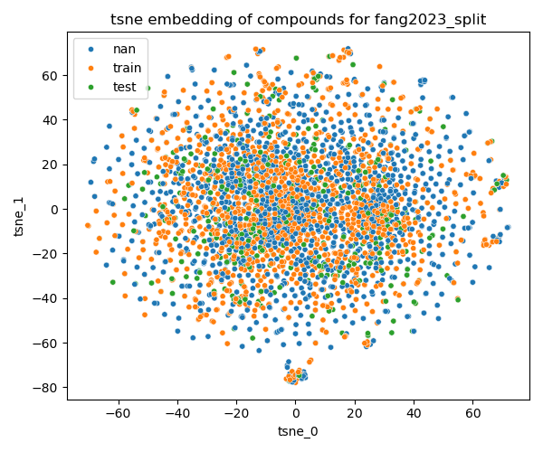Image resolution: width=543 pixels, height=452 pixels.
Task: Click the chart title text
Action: click(x=298, y=19)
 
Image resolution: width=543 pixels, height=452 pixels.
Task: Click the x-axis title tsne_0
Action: click(x=298, y=431)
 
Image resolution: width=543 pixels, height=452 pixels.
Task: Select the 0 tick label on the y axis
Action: click(x=55, y=209)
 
